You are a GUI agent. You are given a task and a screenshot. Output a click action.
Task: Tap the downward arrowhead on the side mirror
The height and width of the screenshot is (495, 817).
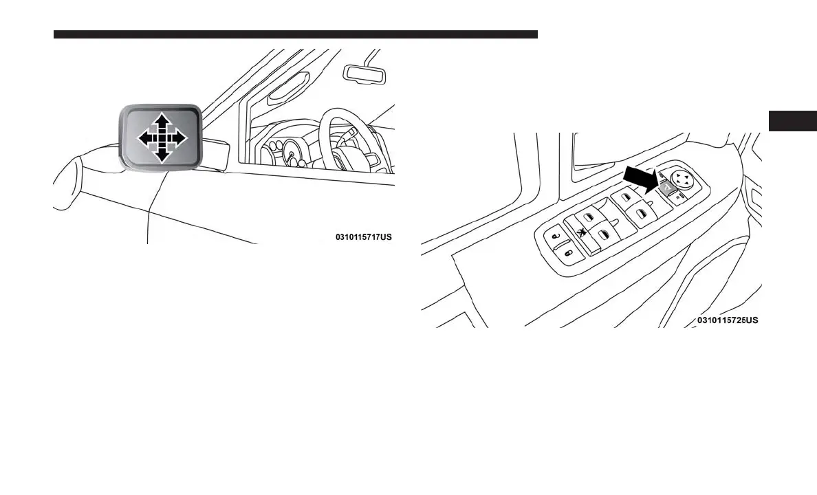click(x=162, y=157)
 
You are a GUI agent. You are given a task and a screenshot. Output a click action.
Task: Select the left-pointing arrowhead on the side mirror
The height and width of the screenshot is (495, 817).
click(x=142, y=139)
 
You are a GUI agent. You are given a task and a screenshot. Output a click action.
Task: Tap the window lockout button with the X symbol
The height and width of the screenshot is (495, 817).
click(x=582, y=234)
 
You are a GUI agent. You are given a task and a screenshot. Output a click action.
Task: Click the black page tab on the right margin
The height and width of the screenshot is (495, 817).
click(x=792, y=120)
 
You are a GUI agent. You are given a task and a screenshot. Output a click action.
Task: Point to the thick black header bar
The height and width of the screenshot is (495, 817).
click(x=295, y=34)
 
